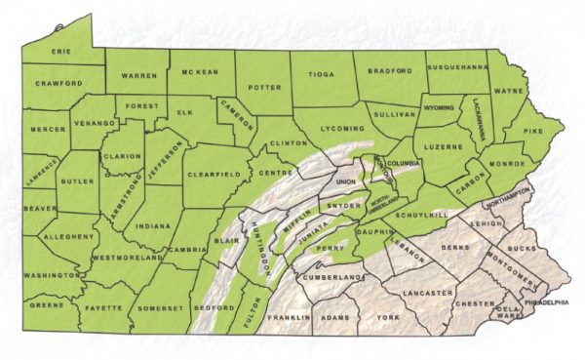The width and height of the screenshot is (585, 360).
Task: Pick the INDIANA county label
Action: click(x=153, y=225)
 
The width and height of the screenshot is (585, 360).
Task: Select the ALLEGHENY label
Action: click(x=69, y=236)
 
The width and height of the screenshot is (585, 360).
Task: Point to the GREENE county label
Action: click(x=46, y=304)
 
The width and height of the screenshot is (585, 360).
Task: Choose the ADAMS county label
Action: click(x=335, y=318)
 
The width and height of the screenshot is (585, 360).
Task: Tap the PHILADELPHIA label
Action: click(x=546, y=302)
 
